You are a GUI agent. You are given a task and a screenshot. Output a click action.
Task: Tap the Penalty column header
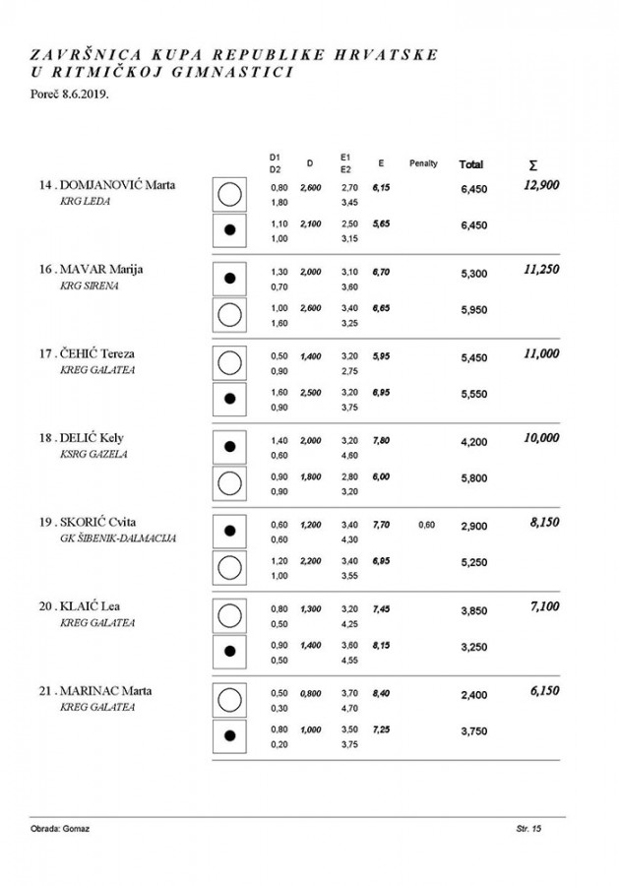[x=423, y=163]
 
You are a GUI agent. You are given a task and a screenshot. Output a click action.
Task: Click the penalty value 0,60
[x=426, y=525]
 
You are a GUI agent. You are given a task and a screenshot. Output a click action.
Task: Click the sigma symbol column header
[x=532, y=164]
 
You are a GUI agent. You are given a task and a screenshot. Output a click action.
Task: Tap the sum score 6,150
[x=544, y=691]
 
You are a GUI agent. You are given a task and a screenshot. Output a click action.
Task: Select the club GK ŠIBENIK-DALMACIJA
[x=119, y=538]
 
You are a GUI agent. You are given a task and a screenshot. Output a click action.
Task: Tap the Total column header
[x=470, y=163]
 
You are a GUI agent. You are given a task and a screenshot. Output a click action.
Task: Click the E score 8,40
[x=381, y=692]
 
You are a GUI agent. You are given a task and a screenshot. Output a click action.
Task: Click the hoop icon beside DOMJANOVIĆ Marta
[x=229, y=194]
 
